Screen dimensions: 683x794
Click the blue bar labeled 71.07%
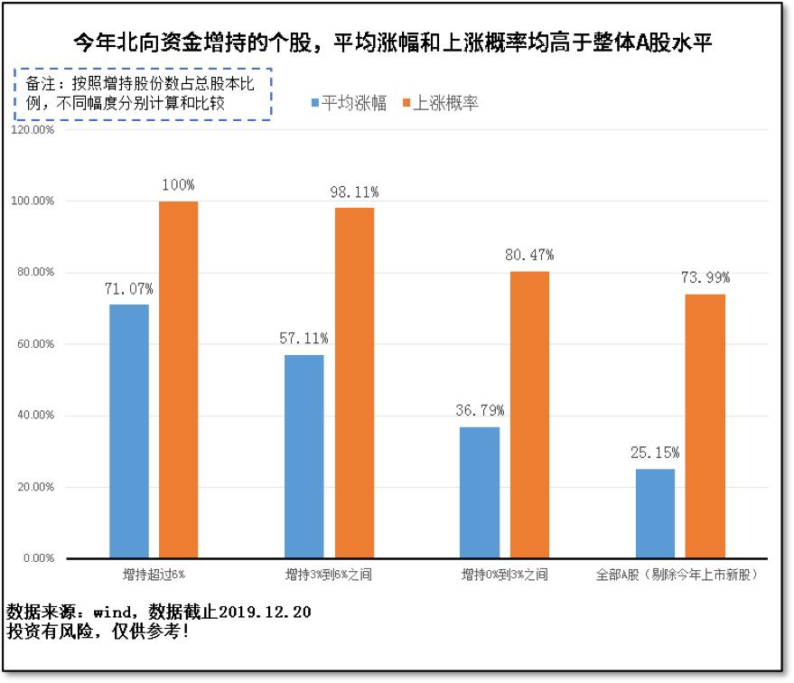129,431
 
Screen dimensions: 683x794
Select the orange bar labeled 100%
178,379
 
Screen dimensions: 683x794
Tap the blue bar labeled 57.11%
304,456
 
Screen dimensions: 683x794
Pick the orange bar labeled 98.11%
354,383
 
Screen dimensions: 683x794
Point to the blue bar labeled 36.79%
479,492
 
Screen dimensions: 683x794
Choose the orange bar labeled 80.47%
529,415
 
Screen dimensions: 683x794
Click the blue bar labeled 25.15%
654,513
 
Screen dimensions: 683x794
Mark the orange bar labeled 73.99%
705,426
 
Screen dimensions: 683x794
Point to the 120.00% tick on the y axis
33,129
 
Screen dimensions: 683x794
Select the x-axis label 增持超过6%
154,575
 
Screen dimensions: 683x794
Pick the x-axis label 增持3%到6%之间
329,575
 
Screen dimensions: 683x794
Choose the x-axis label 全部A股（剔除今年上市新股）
677,575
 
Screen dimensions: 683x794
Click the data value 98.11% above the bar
354,192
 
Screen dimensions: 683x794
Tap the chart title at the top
397,42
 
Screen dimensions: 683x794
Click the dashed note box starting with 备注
143,94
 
